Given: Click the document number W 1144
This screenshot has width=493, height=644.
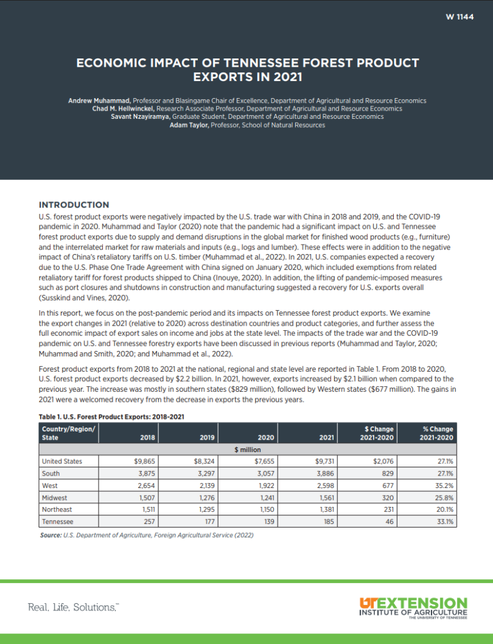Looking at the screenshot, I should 459,17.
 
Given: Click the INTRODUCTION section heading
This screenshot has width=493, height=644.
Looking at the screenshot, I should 74,204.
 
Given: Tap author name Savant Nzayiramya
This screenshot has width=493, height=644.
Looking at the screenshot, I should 140,117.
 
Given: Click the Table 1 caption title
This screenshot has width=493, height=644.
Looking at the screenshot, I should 111,416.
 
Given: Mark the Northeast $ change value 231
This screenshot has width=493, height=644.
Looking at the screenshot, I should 387,509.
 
